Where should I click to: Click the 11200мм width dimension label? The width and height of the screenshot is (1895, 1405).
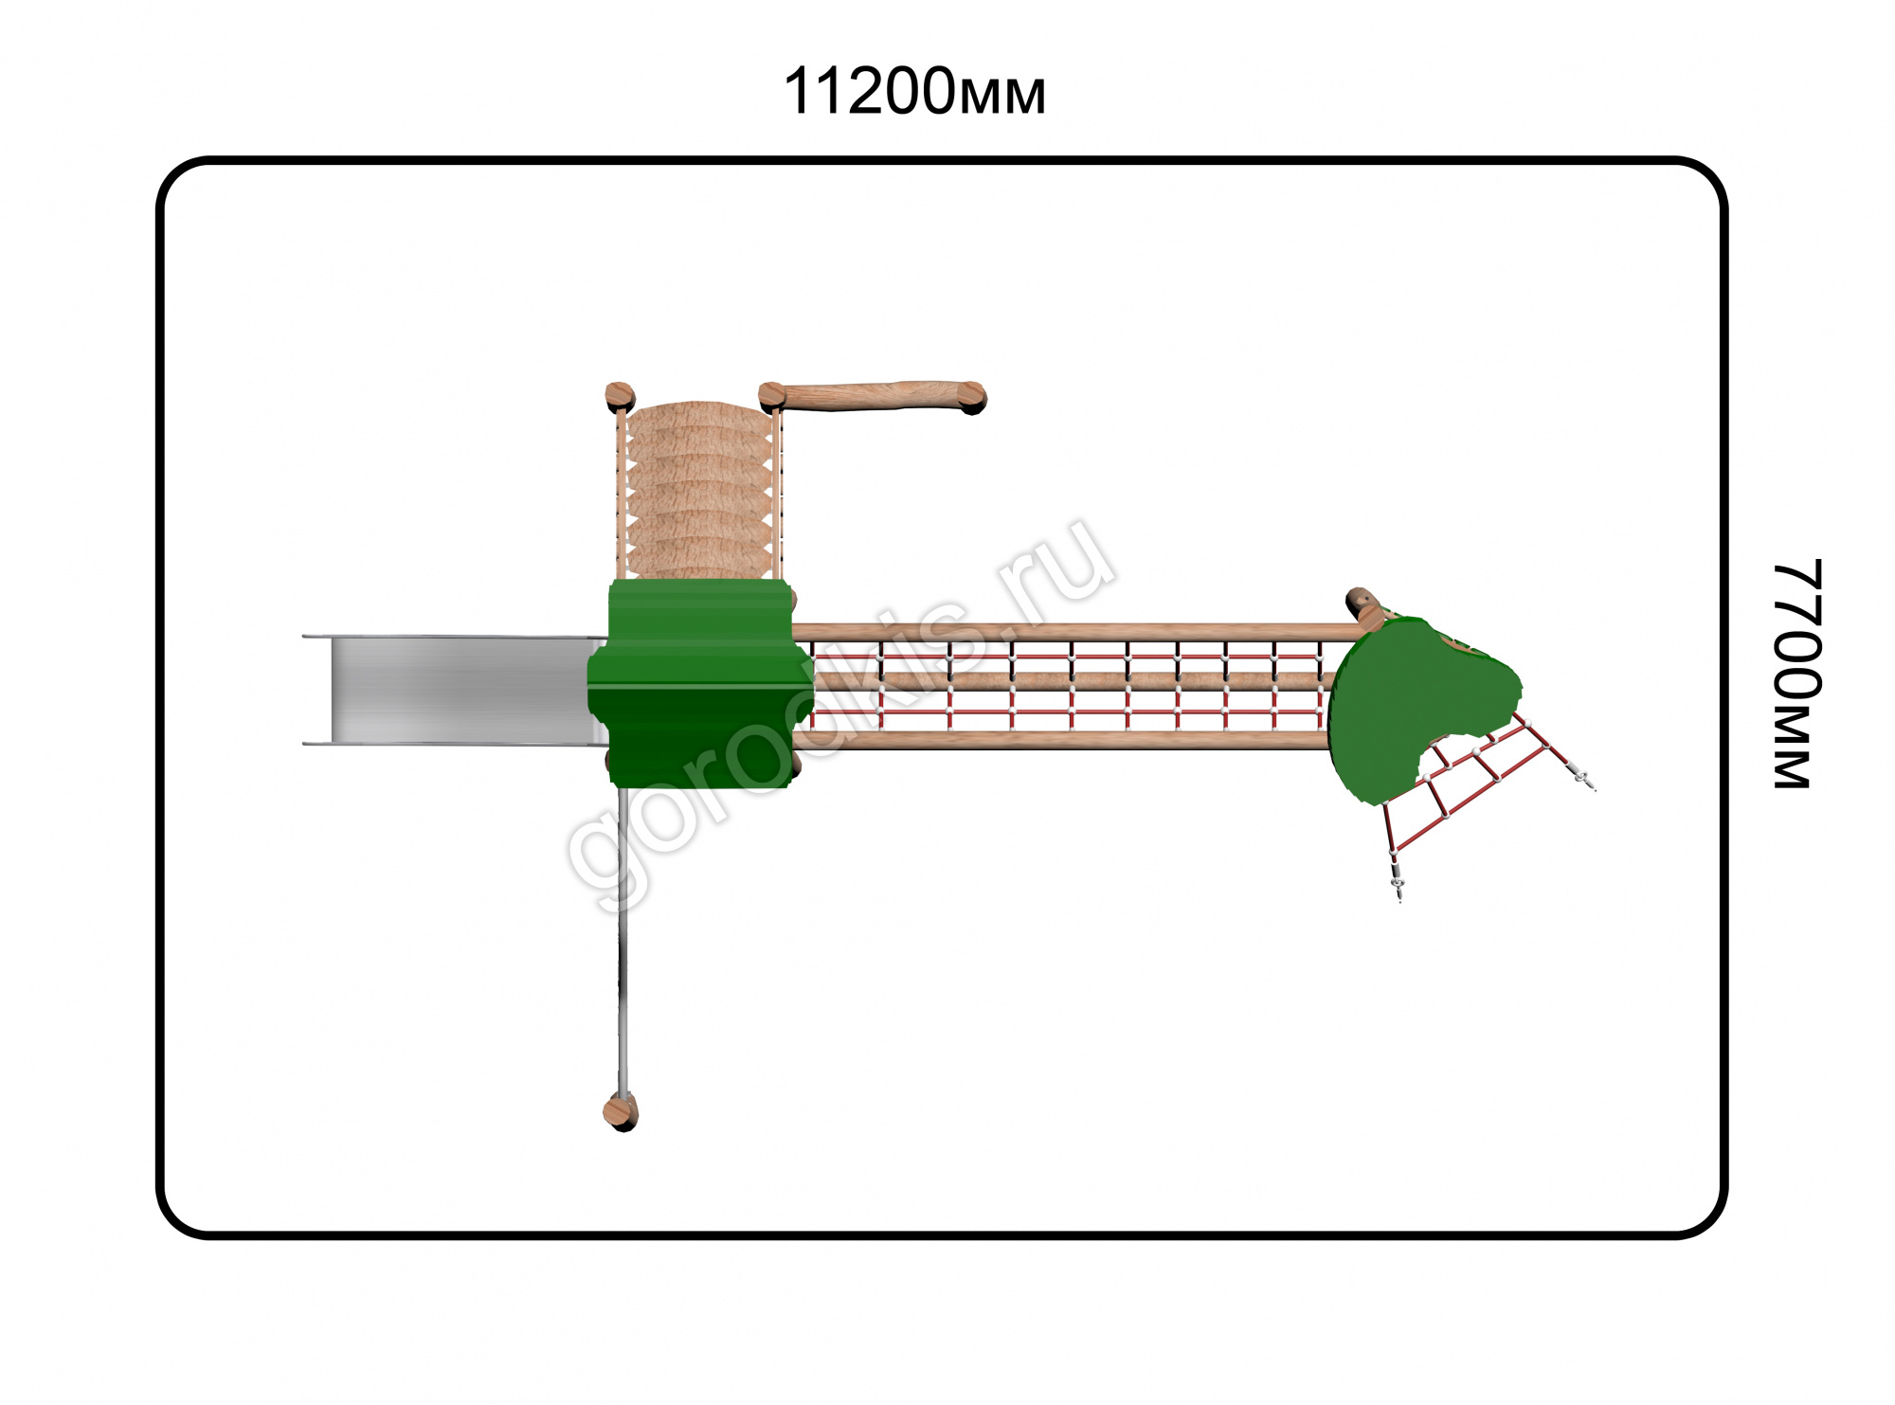tap(914, 92)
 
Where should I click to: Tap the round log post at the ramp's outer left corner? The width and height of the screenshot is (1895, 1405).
tap(620, 396)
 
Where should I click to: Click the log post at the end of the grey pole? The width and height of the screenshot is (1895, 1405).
tap(621, 1111)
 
